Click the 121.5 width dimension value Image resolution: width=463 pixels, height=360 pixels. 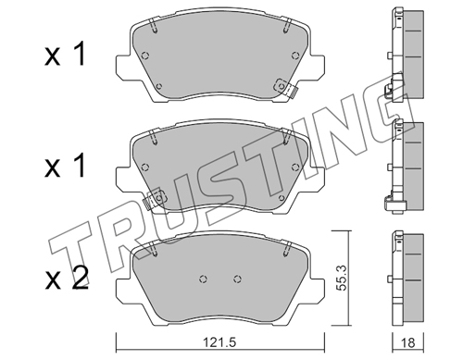pyautogui.click(x=220, y=342)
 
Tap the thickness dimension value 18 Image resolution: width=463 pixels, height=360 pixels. pyautogui.click(x=408, y=342)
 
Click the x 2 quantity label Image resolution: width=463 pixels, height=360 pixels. pyautogui.click(x=67, y=279)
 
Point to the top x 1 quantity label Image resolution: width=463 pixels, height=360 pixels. pyautogui.click(x=65, y=56)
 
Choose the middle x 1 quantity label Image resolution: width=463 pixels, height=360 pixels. pyautogui.click(x=65, y=167)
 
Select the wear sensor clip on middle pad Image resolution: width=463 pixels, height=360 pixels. pyautogui.click(x=155, y=200)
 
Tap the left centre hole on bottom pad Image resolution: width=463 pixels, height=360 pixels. pyautogui.click(x=203, y=279)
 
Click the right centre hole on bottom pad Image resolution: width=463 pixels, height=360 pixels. pyautogui.click(x=237, y=279)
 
